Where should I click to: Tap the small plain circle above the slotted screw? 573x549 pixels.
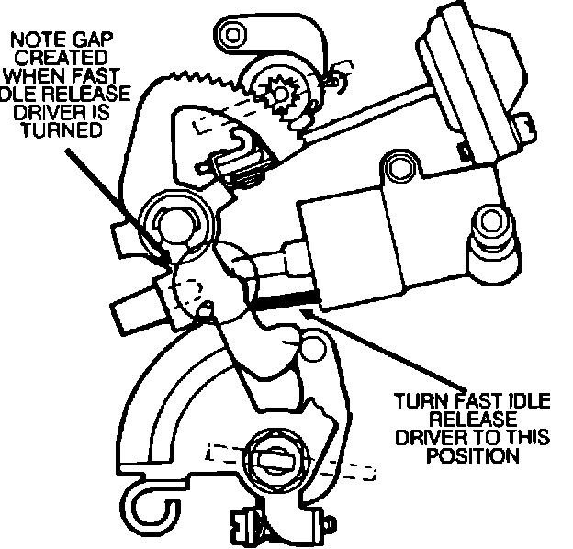[315, 347]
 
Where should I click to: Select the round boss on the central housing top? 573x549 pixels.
[398, 167]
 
